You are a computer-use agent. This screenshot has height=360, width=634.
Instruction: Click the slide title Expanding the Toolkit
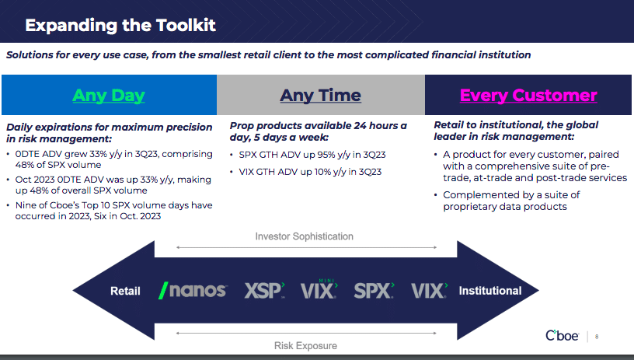[120, 25]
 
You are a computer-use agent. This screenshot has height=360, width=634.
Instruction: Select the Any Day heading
[108, 96]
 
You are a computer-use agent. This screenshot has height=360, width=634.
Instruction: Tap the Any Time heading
[320, 96]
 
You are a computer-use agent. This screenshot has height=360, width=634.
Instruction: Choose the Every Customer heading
[528, 96]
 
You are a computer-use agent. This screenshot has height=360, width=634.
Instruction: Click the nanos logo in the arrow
[193, 291]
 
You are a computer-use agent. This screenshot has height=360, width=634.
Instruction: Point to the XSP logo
[264, 291]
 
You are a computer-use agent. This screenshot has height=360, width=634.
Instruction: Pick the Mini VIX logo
[319, 289]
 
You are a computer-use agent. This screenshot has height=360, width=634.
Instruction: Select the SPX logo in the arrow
[374, 291]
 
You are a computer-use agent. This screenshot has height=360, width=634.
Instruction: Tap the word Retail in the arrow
[125, 291]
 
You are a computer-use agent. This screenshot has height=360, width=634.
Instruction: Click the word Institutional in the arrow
[490, 291]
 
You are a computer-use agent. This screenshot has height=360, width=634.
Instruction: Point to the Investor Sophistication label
[304, 236]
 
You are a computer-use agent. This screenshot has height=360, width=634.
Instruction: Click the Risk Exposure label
[305, 346]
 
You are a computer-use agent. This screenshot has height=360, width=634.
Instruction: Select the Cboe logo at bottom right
[562, 335]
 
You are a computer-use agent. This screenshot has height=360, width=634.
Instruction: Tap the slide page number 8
[597, 337]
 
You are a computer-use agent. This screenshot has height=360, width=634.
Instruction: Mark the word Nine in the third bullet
[24, 205]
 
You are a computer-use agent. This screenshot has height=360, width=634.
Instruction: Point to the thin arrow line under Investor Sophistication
[306, 247]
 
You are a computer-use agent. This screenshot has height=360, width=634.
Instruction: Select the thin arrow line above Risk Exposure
[306, 334]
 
